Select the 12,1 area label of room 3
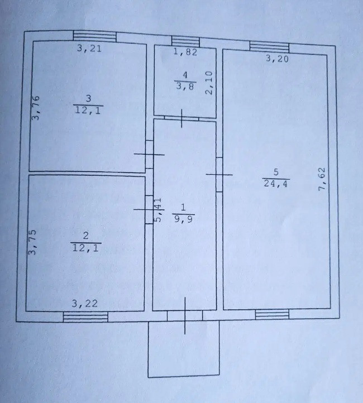point(88,108)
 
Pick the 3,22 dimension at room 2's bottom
point(84,303)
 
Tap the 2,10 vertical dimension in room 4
point(209,83)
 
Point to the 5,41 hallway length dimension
point(158,210)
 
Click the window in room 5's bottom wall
point(268,314)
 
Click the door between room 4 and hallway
point(183,118)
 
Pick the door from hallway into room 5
point(219,175)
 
